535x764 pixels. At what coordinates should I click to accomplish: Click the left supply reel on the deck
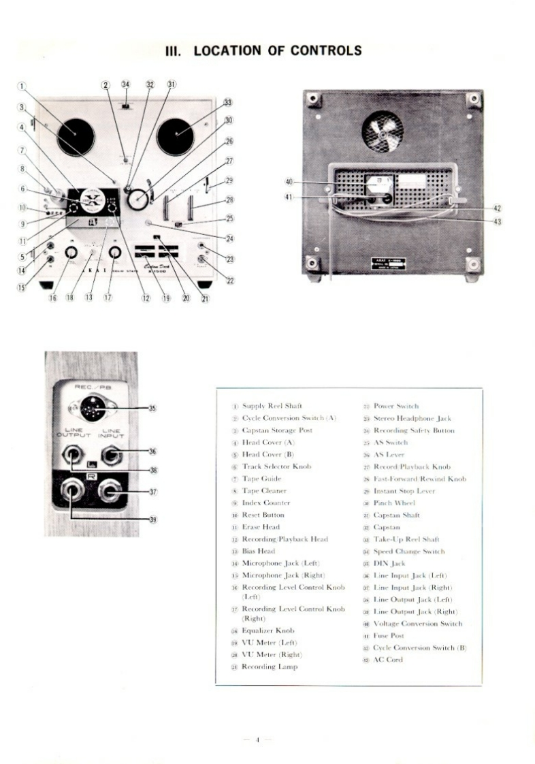pos(75,136)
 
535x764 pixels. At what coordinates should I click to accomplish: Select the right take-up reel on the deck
pos(176,136)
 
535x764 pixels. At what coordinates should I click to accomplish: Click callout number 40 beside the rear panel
pos(289,182)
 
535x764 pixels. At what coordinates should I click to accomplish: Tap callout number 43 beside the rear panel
pos(497,221)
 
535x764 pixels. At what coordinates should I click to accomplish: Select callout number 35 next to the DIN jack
pos(152,409)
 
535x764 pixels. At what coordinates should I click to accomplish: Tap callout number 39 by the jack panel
pos(152,519)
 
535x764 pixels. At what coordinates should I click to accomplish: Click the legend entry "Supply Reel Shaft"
pos(272,407)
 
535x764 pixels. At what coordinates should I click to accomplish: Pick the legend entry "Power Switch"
pos(396,407)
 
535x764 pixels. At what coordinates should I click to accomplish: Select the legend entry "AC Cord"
pos(388,660)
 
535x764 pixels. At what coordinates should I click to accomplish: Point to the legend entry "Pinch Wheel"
pos(394,503)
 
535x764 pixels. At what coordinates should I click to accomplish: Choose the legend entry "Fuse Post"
pos(391,636)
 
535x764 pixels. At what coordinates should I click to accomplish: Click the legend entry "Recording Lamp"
pos(270,667)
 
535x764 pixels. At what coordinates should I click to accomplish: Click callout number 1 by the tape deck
pos(22,86)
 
